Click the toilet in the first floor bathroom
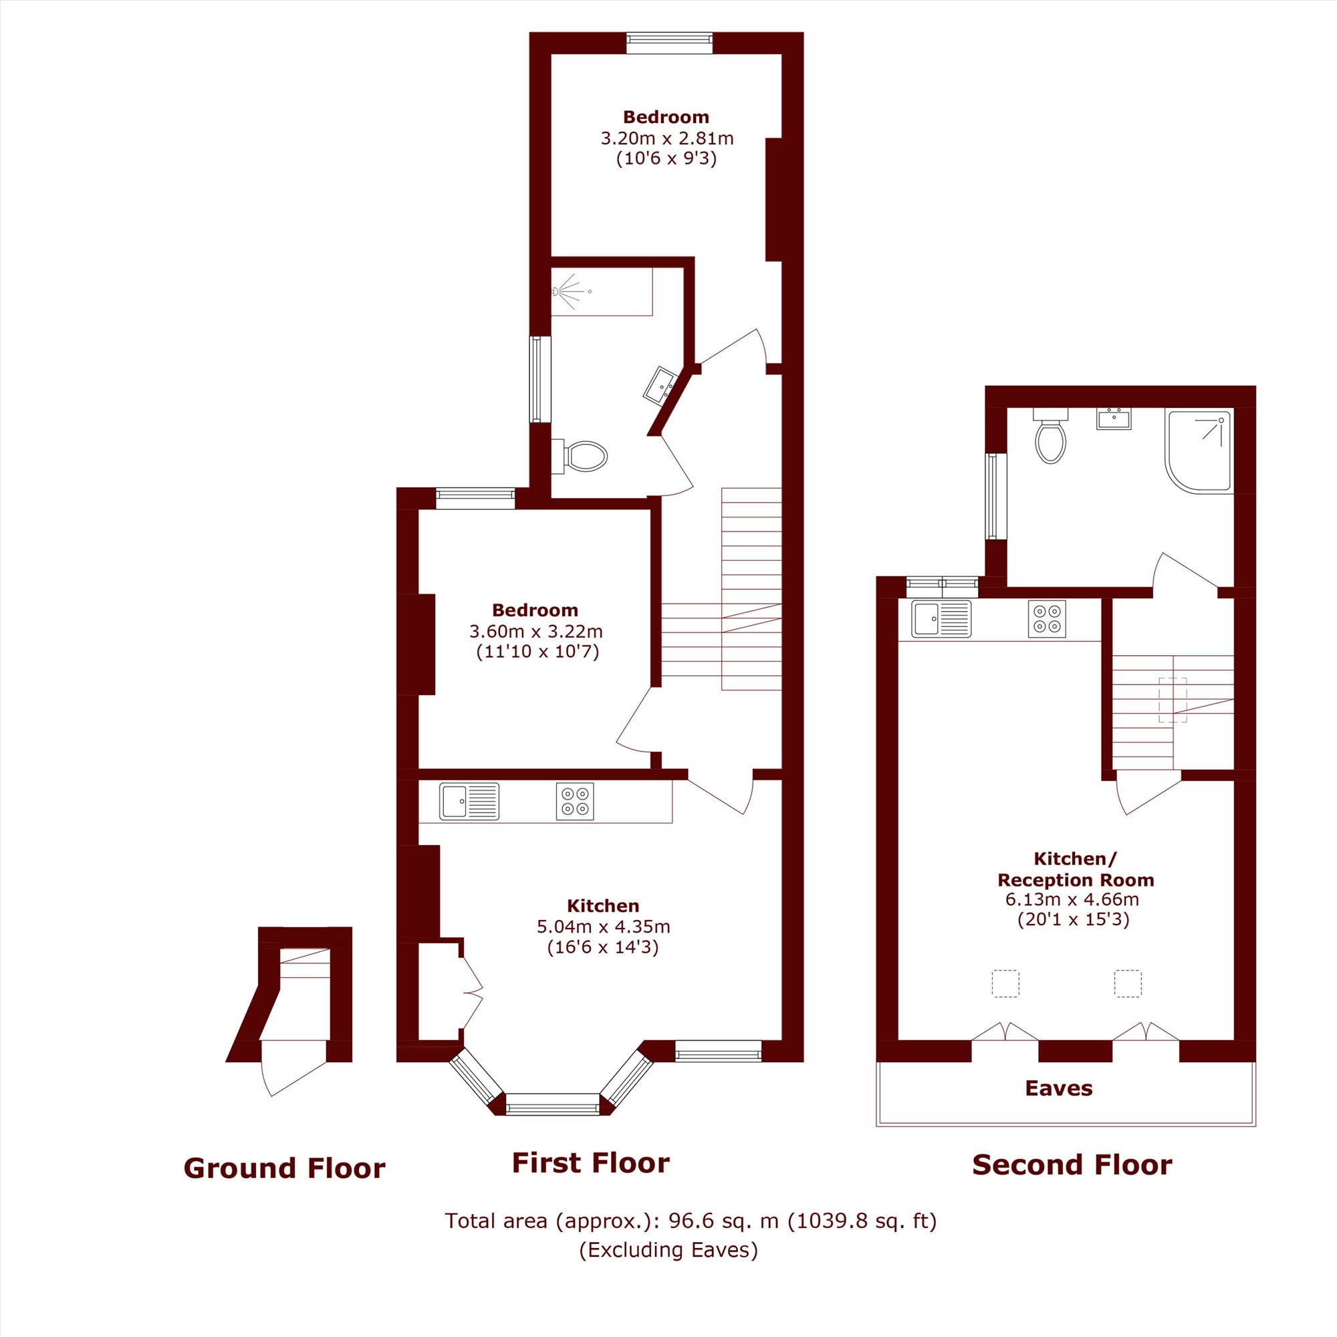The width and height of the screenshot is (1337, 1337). coord(580,457)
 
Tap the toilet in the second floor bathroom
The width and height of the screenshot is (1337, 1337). coord(1050,435)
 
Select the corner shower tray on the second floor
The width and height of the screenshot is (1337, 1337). coord(1199,451)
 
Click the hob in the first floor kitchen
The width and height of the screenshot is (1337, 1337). coord(575,801)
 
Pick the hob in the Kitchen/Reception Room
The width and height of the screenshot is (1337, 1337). coord(1047,618)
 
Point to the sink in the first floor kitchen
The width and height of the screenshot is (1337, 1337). coord(469,801)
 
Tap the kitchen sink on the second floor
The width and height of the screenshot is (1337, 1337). coord(941,618)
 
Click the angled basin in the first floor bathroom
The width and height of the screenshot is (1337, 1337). coord(661,386)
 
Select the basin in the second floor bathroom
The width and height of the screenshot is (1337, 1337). coord(1114,418)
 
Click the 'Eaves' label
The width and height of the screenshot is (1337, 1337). coord(1059,1088)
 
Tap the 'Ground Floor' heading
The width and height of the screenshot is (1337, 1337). coord(284,1169)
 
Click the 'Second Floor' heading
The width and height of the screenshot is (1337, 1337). coord(1072,1165)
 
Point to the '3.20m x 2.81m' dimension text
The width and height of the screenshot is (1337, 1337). coord(667,138)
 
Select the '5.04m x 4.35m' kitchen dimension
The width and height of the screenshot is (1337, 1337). coord(604,927)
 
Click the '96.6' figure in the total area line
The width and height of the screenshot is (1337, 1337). coord(689,1221)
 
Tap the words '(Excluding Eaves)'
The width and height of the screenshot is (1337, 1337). coord(668,1250)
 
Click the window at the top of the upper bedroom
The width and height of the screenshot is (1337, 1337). coord(669,43)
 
